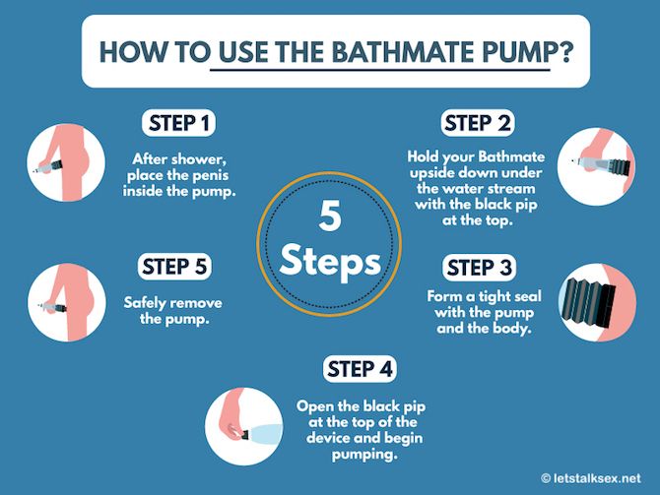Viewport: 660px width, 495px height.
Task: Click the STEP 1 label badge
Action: [178, 123]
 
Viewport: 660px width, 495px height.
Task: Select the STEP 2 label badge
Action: [478, 123]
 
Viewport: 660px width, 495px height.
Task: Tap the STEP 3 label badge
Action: [479, 268]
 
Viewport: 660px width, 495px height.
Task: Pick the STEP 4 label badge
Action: [360, 369]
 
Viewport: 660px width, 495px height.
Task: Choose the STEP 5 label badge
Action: [174, 267]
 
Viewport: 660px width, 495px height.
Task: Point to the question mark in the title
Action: [564, 52]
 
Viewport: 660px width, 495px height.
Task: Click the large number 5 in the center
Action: [330, 216]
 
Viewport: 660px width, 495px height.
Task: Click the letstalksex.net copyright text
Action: [590, 478]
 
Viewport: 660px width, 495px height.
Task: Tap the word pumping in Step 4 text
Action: [364, 455]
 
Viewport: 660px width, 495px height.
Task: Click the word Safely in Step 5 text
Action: [144, 303]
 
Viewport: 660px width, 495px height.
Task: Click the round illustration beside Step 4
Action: [244, 426]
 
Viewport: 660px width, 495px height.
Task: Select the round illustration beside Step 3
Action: [597, 302]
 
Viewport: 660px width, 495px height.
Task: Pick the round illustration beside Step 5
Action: [67, 302]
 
